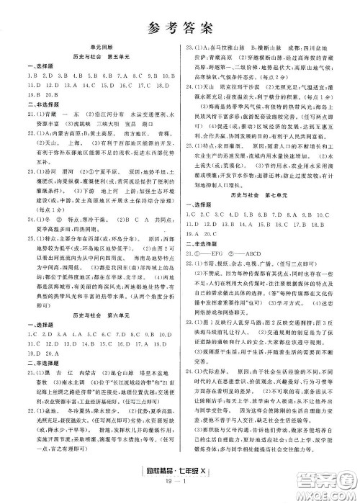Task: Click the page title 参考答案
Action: click(180, 28)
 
